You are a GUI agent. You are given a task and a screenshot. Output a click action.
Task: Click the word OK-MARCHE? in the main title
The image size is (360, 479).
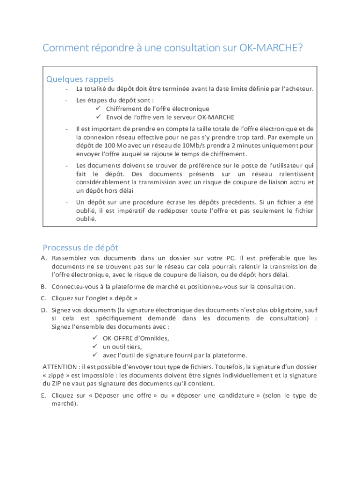pos(271,48)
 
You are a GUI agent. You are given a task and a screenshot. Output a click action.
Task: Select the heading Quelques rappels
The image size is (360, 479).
pos(80,79)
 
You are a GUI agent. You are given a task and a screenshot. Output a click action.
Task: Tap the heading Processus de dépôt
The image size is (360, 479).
pos(80,247)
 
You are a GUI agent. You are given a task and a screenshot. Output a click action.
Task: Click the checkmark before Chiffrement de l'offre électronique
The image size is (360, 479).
pos(99,109)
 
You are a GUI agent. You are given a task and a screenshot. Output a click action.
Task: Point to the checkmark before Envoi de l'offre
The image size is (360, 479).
pos(99,117)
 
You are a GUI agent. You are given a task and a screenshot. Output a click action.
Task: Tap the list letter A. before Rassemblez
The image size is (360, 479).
pos(44,258)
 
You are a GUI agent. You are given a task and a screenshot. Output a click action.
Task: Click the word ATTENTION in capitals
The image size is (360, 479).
pos(60,367)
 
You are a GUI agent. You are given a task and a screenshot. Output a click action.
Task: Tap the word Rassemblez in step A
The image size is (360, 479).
pos(70,258)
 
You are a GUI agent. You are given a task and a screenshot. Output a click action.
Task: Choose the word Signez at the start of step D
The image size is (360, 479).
pos(61,310)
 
